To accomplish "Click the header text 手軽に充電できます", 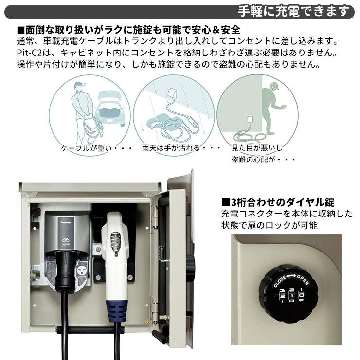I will coord(294,11).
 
